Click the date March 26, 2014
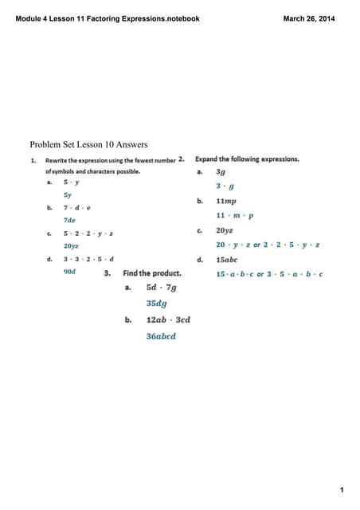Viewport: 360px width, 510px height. pos(309,18)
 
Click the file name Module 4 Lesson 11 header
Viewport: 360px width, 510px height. pos(108,18)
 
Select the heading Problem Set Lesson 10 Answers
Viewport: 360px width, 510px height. pos(88,144)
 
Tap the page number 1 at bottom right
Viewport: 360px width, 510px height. pos(341,489)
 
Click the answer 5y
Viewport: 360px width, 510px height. pos(68,194)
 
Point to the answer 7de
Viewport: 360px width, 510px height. pos(70,220)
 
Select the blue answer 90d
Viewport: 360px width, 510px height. pos(70,271)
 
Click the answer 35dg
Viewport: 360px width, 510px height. pos(157,304)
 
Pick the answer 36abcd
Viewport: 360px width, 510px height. pos(161,335)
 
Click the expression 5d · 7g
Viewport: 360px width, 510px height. pos(162,288)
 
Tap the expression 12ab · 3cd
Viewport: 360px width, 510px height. pos(168,320)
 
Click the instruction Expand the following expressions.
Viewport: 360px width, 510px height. pos(247,159)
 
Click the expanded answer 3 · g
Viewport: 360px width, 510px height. pos(223,186)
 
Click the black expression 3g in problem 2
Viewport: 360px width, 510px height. pos(221,171)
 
